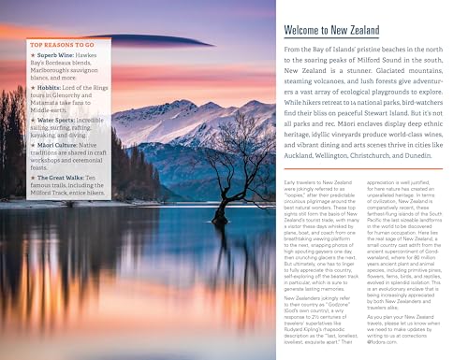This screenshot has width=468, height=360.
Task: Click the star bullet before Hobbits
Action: tap(32, 86)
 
